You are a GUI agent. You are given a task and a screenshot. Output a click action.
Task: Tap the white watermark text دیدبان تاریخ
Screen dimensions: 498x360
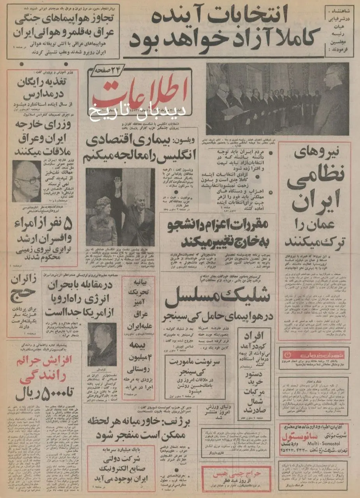[138, 111]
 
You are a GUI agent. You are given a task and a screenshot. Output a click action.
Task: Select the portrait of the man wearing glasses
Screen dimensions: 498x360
[26, 181]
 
